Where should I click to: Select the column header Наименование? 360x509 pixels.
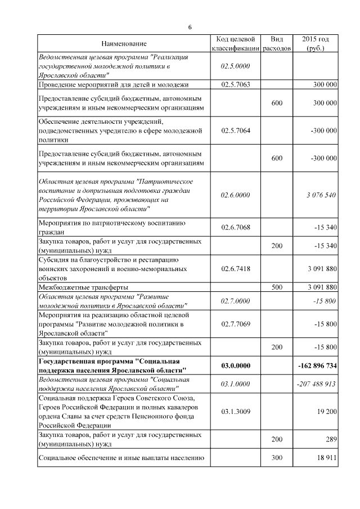click(x=124, y=44)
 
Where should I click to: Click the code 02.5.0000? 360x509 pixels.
click(x=235, y=66)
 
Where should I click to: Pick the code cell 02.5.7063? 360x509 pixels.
click(x=235, y=84)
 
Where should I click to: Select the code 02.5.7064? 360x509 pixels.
click(x=235, y=130)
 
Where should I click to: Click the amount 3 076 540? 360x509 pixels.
click(x=322, y=195)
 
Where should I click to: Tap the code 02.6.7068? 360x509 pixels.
click(x=235, y=227)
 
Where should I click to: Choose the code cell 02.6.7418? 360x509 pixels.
click(x=235, y=269)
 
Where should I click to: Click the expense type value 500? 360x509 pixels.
click(x=277, y=287)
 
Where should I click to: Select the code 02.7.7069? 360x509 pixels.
click(x=235, y=324)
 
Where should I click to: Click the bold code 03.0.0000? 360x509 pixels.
click(x=235, y=366)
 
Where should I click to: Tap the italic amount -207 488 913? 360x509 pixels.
click(x=316, y=384)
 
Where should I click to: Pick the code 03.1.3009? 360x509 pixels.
click(x=235, y=412)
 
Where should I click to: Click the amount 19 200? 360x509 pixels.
click(x=327, y=412)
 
